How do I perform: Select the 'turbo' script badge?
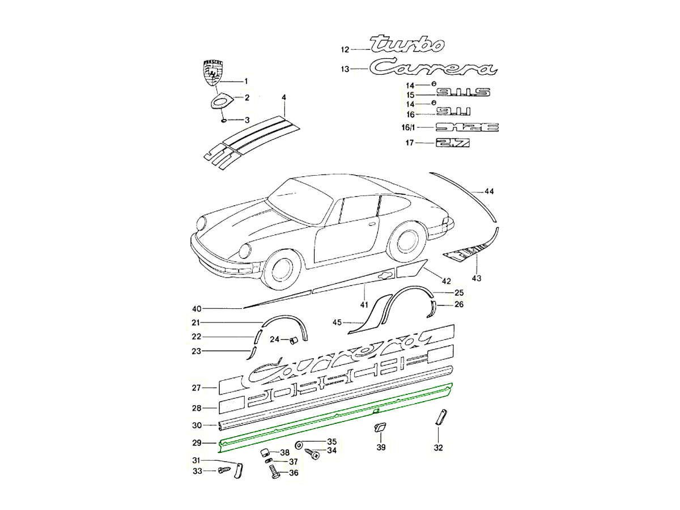click(407, 44)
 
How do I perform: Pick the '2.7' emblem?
click(453, 143)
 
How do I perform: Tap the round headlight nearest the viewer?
click(246, 251)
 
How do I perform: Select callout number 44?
click(488, 192)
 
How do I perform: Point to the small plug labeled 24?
click(294, 339)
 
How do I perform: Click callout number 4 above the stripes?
click(284, 97)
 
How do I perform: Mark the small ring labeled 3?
click(223, 120)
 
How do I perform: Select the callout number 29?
click(196, 443)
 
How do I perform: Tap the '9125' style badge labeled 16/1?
click(466, 127)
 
